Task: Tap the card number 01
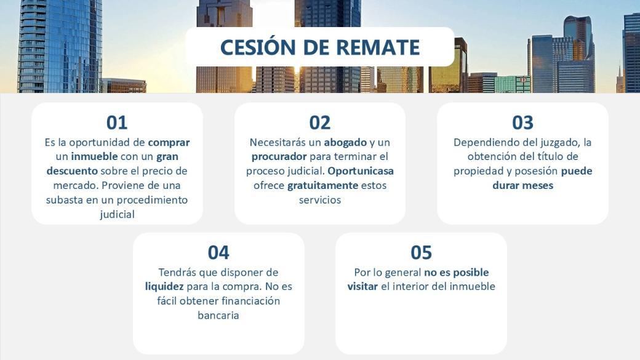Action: [117, 122]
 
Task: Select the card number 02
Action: [319, 122]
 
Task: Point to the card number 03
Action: [522, 122]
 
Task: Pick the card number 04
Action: [218, 252]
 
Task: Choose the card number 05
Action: [421, 252]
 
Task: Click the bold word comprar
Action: [169, 143]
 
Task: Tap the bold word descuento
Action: [72, 170]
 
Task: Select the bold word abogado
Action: [345, 143]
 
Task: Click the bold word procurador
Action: [279, 157]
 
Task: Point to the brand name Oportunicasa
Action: [361, 171]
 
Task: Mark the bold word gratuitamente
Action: [322, 185]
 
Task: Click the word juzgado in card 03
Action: [559, 143]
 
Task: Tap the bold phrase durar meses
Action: [523, 185]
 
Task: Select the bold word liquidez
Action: [164, 287]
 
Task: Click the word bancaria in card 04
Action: [218, 315]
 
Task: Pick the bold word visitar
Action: [362, 287]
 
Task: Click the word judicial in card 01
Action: [117, 215]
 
